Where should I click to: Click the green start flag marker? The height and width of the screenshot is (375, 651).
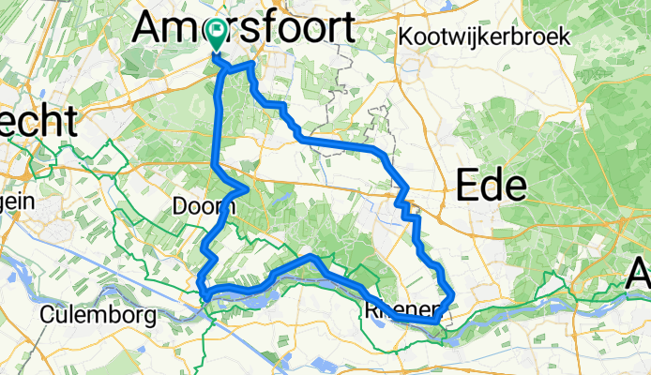[x=217, y=36]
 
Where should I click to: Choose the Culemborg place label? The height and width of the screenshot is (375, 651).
[x=98, y=315]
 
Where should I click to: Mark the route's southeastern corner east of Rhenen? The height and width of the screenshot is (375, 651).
[x=438, y=321]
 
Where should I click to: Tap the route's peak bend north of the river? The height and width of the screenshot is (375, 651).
[x=313, y=256]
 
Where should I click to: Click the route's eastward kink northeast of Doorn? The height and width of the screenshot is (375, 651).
[x=246, y=188]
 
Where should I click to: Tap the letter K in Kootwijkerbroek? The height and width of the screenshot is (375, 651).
[x=406, y=37]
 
